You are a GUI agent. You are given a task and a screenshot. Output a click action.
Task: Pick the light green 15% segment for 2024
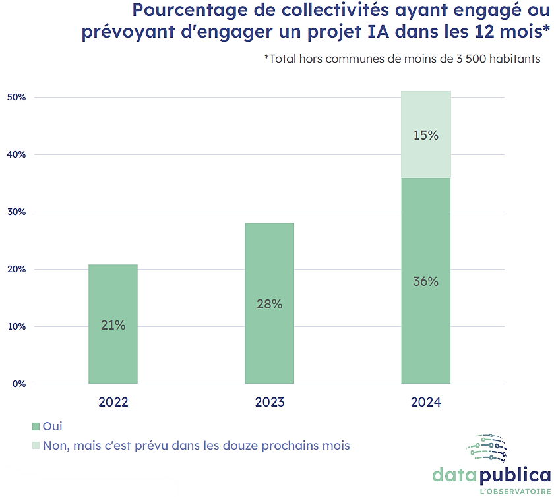(426, 134)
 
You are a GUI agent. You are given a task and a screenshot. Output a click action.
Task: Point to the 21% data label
(113, 325)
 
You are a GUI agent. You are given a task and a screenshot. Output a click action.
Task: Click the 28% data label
(269, 304)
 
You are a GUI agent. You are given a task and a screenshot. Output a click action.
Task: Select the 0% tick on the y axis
(18, 384)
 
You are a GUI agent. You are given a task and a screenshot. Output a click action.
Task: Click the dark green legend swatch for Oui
(36, 426)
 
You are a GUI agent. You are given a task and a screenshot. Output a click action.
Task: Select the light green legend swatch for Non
(36, 446)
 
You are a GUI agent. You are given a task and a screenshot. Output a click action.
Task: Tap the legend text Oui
(52, 426)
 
